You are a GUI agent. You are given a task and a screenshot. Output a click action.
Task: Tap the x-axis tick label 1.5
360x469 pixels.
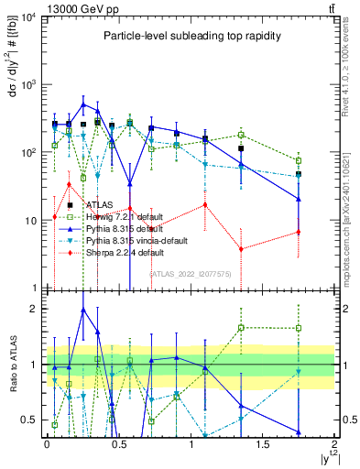point(262,444)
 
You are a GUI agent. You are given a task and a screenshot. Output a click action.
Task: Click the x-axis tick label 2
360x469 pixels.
point(335,444)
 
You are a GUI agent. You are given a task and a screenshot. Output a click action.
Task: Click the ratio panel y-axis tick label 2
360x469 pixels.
point(33,309)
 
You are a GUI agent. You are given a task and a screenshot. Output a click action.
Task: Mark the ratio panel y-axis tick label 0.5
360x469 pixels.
point(29,420)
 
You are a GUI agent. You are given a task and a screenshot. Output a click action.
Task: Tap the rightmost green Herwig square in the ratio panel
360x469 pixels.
point(299,328)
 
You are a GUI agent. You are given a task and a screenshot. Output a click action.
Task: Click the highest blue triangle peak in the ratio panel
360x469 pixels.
point(83,310)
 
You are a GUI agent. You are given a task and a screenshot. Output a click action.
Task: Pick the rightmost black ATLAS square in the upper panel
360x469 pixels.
point(299,174)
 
